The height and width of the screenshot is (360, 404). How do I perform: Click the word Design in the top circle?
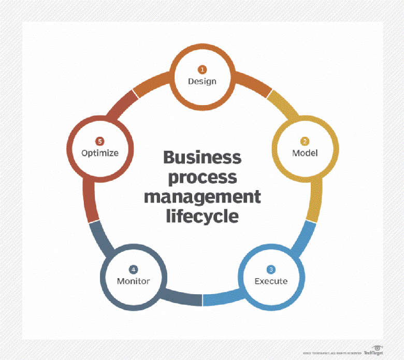pos(202,81)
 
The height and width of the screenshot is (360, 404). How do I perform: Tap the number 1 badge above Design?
pos(203,69)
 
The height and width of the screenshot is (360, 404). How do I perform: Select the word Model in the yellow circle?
pos(305,153)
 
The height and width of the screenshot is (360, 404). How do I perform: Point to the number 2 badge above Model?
pos(305,141)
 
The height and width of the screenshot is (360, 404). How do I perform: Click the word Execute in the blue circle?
pos(270,281)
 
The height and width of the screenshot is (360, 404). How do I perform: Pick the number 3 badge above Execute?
pos(270,269)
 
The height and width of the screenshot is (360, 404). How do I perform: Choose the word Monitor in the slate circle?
pos(133,281)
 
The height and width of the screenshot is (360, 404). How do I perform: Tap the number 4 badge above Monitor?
pos(134,269)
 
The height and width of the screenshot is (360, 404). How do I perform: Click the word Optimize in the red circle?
pos(100,153)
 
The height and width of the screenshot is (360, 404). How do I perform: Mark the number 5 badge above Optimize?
pos(100,141)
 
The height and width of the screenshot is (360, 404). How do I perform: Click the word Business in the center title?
pos(202,158)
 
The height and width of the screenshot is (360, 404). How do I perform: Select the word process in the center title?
pos(202,177)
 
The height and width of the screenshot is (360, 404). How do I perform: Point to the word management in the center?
pos(202,196)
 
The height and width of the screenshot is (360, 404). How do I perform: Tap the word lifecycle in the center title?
pos(202,215)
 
